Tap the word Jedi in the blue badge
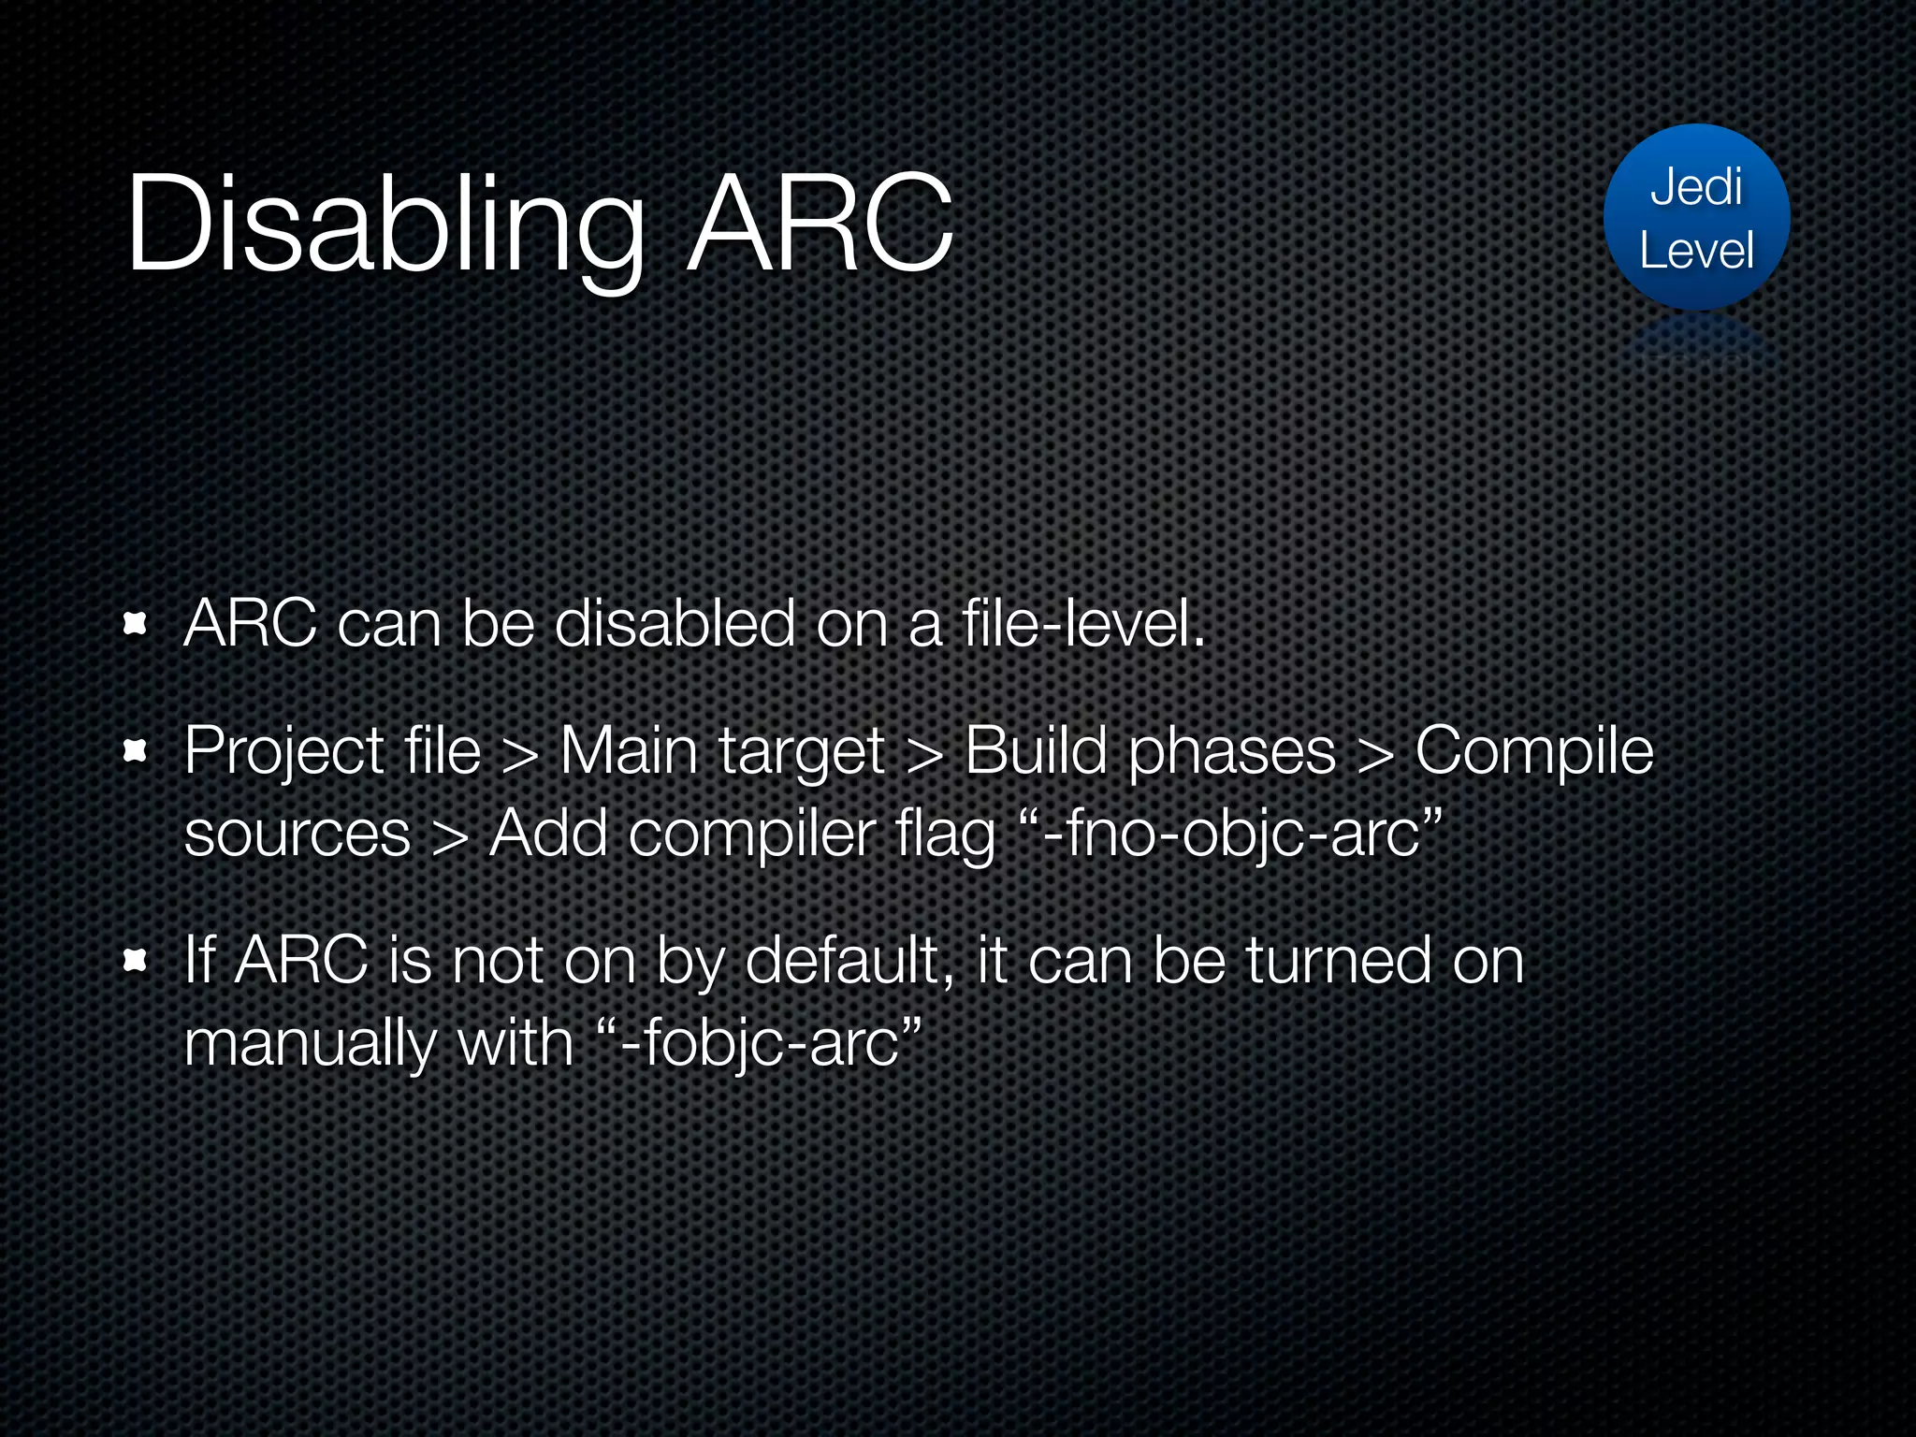(x=1695, y=187)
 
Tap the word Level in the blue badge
(x=1695, y=251)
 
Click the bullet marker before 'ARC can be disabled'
(x=136, y=624)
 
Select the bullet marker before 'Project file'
(x=136, y=750)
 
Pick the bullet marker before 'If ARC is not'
(x=136, y=960)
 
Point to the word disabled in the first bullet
(x=674, y=624)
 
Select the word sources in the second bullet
(x=297, y=835)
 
